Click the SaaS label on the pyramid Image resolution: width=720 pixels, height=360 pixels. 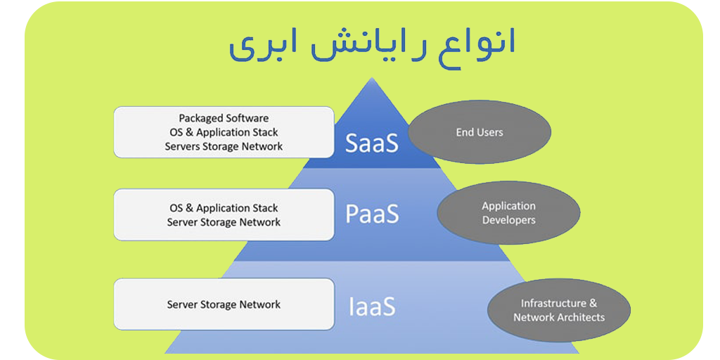pyautogui.click(x=372, y=143)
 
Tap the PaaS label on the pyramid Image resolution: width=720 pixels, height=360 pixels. pyautogui.click(x=373, y=214)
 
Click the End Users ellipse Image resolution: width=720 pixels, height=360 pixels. pyautogui.click(x=480, y=132)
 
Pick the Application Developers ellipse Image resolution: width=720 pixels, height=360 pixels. pyautogui.click(x=509, y=212)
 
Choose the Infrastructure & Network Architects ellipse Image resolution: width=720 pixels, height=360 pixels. pyautogui.click(x=559, y=310)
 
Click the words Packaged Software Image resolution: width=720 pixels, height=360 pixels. pyautogui.click(x=224, y=118)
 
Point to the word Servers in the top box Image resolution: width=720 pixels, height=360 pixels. pyautogui.click(x=182, y=146)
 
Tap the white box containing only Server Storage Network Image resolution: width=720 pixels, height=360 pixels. pyautogui.click(x=224, y=304)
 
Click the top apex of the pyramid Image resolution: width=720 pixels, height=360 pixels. pyautogui.click(x=371, y=77)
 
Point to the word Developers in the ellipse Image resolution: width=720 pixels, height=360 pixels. pyautogui.click(x=509, y=220)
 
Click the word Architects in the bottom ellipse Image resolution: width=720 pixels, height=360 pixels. pyautogui.click(x=581, y=317)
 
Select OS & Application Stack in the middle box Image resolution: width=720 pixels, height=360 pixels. pyautogui.click(x=224, y=208)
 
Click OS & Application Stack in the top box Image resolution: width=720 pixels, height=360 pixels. pyautogui.click(x=224, y=132)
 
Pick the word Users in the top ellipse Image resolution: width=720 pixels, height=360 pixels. pyautogui.click(x=490, y=132)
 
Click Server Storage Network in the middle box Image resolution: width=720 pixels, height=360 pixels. pyautogui.click(x=224, y=222)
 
